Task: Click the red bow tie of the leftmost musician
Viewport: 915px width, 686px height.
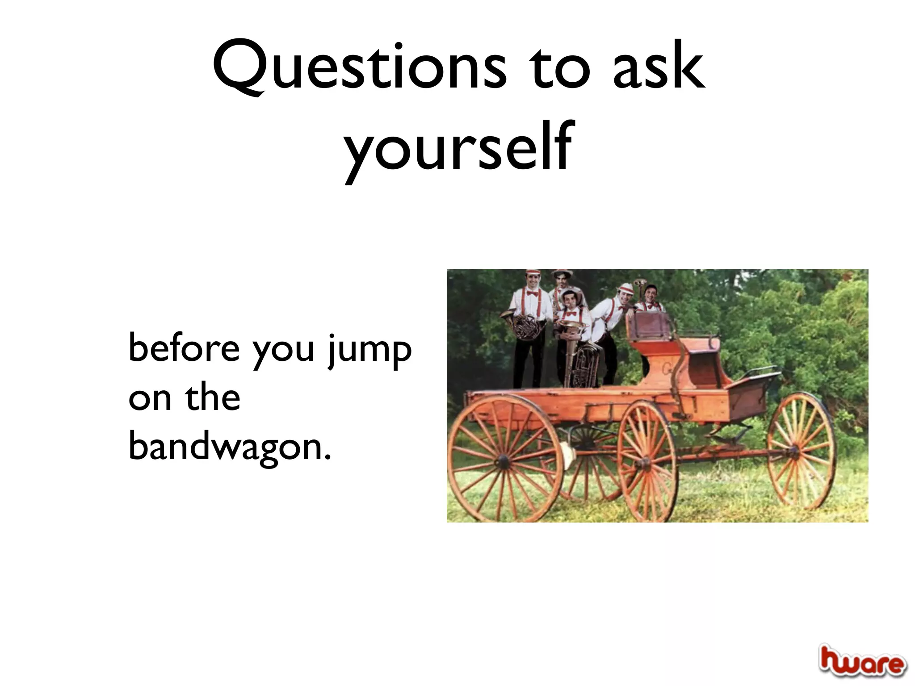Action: click(531, 293)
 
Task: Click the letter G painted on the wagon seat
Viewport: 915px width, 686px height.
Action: click(665, 368)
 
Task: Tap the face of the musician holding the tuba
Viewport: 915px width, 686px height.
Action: click(569, 300)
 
